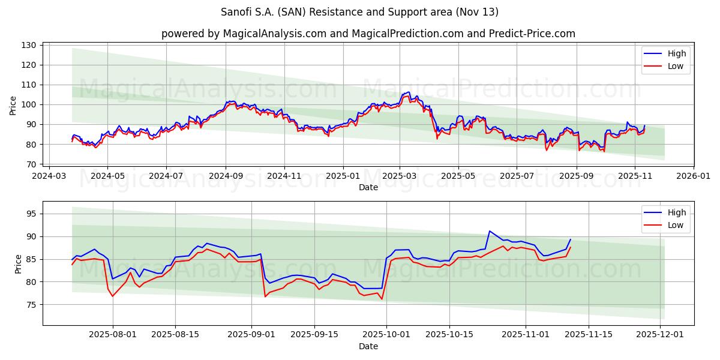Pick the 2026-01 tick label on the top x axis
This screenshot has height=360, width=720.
693,176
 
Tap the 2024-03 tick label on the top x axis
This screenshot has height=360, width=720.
49,176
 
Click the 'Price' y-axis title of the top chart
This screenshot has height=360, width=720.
13,105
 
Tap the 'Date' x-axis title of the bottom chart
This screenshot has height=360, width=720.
368,346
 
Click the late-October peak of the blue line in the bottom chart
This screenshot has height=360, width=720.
490,231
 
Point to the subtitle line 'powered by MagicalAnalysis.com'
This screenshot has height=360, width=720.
368,34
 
